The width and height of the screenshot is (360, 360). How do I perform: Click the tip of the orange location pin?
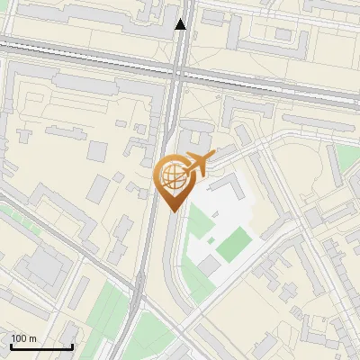point(174,211)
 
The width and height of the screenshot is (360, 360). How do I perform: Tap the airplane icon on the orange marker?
point(198,163)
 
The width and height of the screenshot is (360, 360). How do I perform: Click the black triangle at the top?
point(181,24)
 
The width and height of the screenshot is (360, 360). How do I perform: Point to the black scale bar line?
point(41,346)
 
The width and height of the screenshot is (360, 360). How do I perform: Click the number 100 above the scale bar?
point(19,338)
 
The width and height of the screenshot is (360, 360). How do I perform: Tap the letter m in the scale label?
point(31,338)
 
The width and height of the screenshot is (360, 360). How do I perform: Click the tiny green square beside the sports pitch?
point(211,240)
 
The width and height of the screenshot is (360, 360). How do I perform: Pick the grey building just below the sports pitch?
point(209,265)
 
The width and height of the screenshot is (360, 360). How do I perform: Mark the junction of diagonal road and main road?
point(139,292)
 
